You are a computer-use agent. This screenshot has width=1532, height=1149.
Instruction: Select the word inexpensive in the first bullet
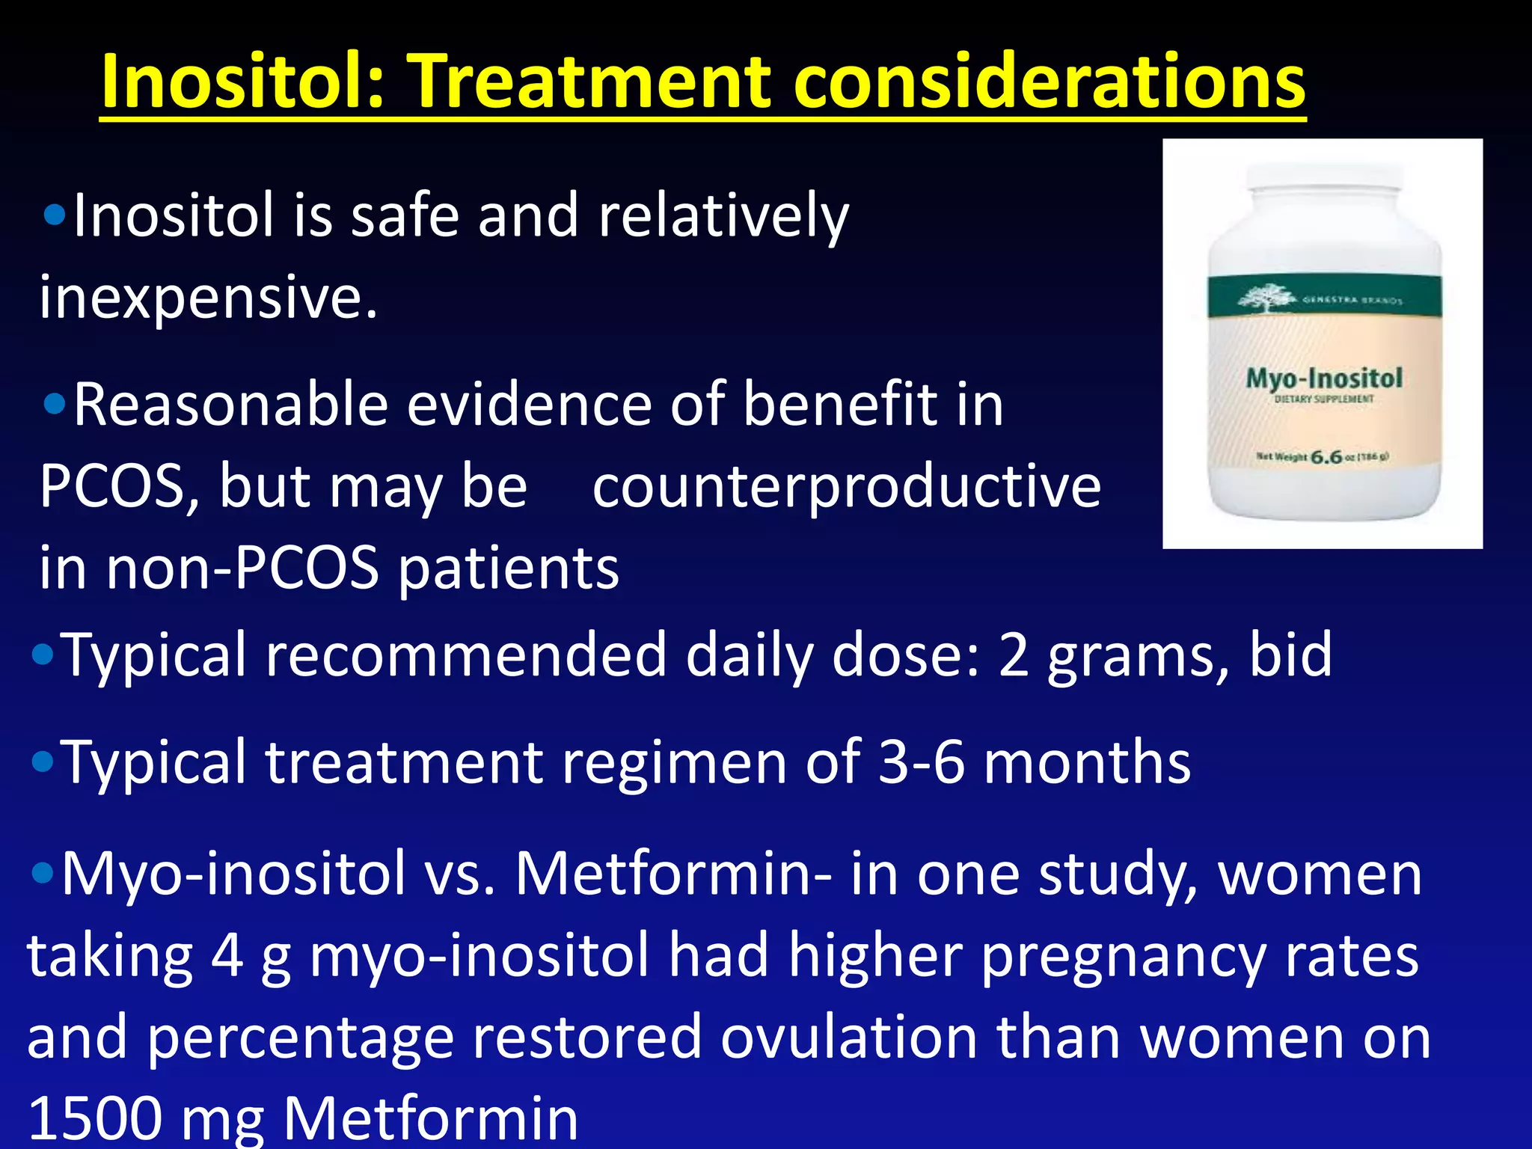[208, 298]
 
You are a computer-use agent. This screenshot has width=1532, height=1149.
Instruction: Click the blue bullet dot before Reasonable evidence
[55, 405]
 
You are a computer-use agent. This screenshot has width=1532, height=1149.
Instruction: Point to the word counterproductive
[846, 486]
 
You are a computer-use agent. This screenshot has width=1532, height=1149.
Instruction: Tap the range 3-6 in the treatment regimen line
[921, 762]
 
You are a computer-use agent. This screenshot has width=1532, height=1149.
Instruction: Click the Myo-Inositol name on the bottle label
[1323, 378]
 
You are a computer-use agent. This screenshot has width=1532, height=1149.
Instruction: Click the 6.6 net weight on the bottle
[1326, 456]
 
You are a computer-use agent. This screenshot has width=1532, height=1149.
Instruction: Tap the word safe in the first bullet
[404, 215]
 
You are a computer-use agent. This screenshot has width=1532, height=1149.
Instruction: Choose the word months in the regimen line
[1086, 762]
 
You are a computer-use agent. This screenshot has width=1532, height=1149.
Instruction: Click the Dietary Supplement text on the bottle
[1323, 399]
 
